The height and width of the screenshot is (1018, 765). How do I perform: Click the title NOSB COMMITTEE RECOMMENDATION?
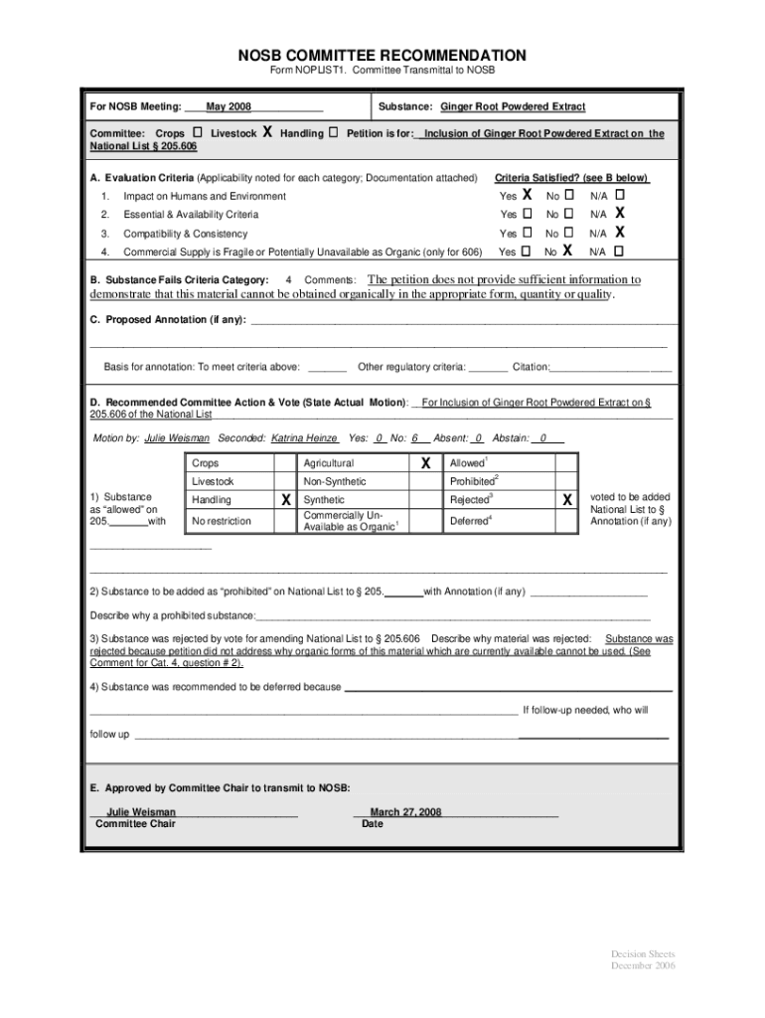click(382, 55)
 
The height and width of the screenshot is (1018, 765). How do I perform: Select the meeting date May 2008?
click(228, 106)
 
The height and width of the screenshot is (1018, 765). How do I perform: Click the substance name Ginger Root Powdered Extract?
click(513, 106)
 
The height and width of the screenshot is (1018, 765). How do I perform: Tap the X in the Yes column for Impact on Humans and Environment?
click(529, 195)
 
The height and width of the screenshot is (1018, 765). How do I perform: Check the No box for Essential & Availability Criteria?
click(568, 214)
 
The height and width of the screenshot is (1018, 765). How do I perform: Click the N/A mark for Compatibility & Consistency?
click(619, 233)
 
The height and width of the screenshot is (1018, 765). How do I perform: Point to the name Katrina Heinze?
click(304, 438)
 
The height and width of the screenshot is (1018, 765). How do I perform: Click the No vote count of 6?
click(416, 438)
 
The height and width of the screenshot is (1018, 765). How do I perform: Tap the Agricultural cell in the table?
click(328, 463)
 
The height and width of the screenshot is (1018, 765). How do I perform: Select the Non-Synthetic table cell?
click(334, 482)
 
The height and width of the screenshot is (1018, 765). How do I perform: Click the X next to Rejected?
click(566, 500)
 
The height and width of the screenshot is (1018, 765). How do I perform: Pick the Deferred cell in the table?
click(470, 521)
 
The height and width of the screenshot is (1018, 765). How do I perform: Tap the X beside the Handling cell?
click(286, 500)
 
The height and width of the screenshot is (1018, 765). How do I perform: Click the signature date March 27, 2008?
click(405, 812)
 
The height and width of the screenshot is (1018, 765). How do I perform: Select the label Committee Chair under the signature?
click(135, 824)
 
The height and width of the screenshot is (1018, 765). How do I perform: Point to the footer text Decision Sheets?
click(643, 955)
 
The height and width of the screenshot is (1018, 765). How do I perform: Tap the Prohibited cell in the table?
click(473, 482)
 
